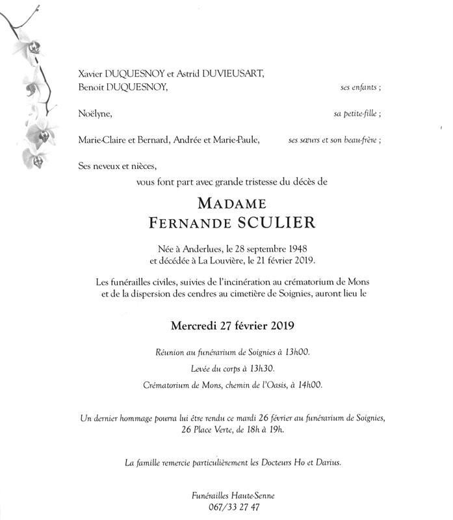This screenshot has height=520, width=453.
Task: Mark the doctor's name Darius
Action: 328,462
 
